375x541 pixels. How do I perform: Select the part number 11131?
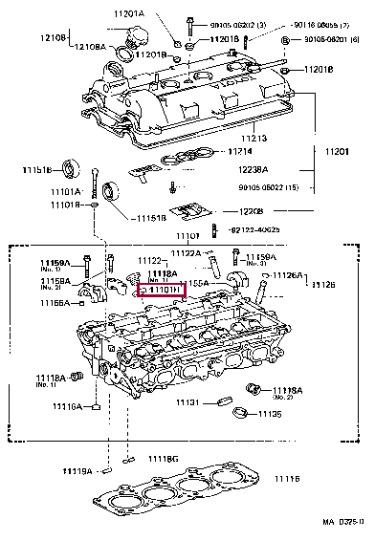[x=189, y=401]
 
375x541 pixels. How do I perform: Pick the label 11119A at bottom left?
[x=78, y=471]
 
